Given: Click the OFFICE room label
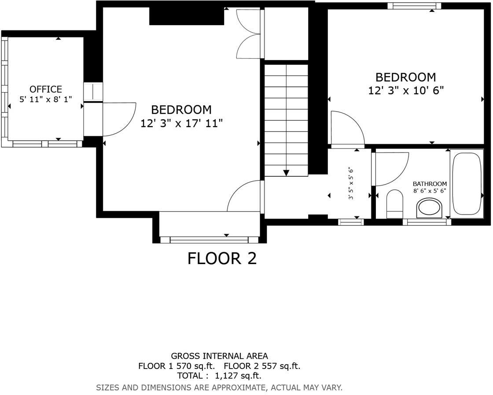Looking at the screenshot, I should tap(45, 89).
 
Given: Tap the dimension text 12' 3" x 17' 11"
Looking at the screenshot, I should tap(181, 123).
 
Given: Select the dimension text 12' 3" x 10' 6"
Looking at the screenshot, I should tap(405, 91).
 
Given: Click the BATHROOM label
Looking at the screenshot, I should tap(430, 184).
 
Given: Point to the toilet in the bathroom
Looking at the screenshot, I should tap(394, 204).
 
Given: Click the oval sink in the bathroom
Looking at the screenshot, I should tap(429, 207).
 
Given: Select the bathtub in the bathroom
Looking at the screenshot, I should tap(467, 183).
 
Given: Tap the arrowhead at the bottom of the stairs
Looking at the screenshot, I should tap(286, 173).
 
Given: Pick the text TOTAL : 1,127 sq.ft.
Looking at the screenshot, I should tap(219, 376).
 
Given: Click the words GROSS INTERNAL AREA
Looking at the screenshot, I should tap(219, 356).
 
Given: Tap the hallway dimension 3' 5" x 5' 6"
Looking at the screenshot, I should tap(351, 183).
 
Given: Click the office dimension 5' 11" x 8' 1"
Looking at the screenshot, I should tap(45, 100).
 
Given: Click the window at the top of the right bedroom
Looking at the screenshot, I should tap(414, 6).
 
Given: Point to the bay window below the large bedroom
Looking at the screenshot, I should tap(209, 240).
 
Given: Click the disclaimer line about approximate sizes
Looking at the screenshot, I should tap(219, 388).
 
